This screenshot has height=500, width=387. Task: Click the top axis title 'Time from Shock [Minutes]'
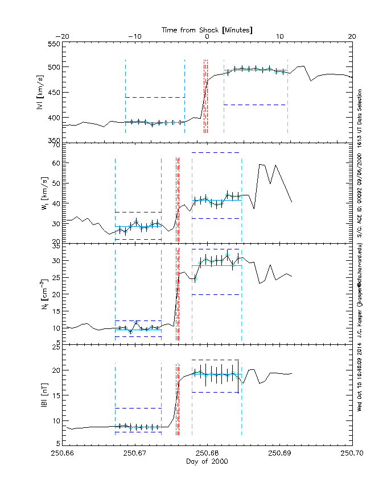coord(207,29)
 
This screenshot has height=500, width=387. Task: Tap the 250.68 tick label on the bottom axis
coord(207,453)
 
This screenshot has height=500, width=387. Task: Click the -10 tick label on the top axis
coord(134,36)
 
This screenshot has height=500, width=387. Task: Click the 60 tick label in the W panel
coord(56,163)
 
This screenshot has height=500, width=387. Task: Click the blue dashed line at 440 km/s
coord(155,98)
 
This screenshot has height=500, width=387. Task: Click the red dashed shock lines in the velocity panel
coord(205,97)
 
